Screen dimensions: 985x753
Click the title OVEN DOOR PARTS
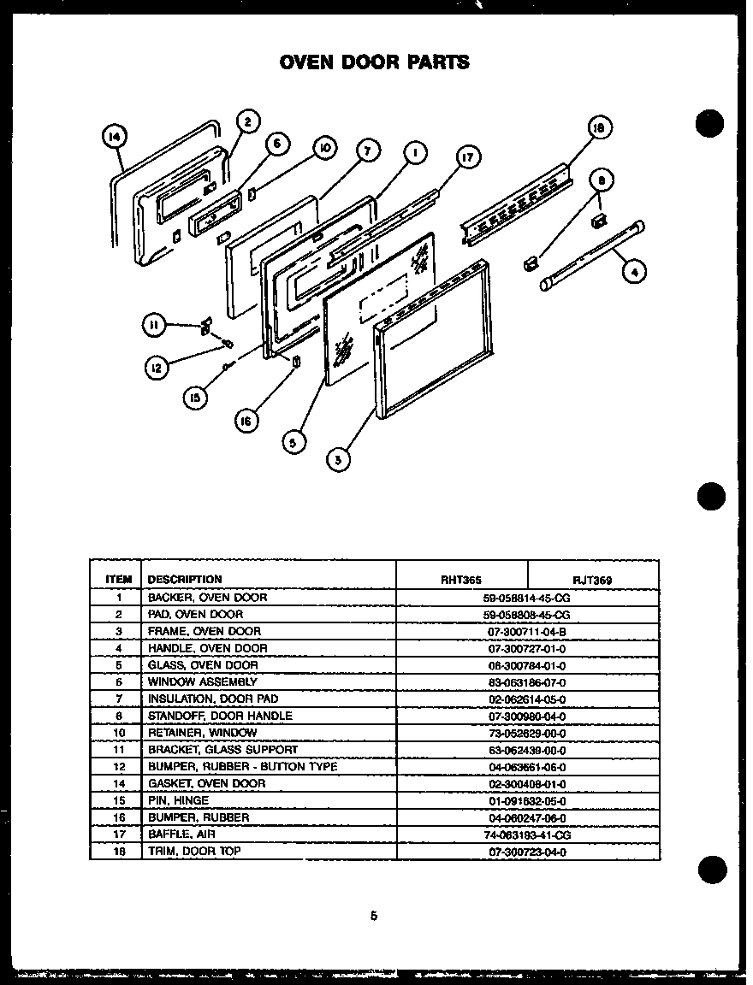click(374, 62)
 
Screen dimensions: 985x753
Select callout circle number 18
click(600, 128)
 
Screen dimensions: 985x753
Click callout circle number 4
click(634, 272)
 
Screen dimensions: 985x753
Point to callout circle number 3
click(339, 459)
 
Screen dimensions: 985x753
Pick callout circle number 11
click(153, 325)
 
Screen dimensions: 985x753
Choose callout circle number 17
click(467, 157)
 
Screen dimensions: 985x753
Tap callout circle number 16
click(246, 420)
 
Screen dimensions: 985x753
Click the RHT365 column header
click(460, 580)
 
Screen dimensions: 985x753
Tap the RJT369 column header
click(592, 580)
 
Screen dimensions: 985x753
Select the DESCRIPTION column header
click(185, 579)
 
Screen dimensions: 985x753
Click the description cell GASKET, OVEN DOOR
click(206, 783)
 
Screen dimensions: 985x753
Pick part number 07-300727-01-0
click(526, 649)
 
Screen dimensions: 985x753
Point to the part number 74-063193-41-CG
click(526, 834)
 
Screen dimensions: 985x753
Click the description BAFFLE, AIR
click(181, 834)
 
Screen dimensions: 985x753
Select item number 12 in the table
click(120, 766)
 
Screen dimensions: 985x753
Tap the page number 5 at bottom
click(373, 916)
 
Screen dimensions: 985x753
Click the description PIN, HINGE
click(178, 800)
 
